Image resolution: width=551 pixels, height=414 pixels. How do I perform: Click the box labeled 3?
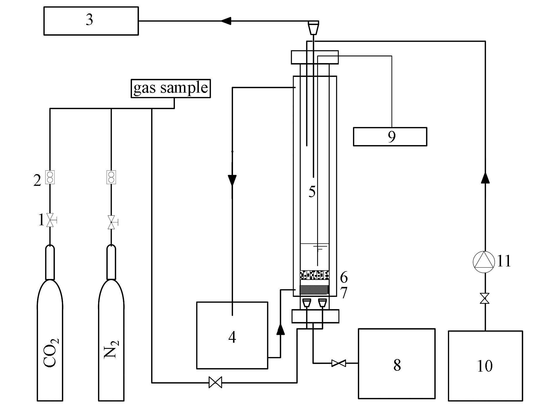pyautogui.click(x=91, y=21)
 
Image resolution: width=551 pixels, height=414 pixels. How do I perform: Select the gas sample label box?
pyautogui.click(x=171, y=88)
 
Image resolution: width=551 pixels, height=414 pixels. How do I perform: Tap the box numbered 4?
pyautogui.click(x=232, y=335)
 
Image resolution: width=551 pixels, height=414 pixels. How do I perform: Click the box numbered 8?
pyautogui.click(x=397, y=363)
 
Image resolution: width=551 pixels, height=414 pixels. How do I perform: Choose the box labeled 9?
pyautogui.click(x=390, y=136)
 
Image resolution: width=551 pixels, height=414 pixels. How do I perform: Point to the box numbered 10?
pyautogui.click(x=485, y=366)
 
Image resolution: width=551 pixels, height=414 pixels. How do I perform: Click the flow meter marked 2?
pyautogui.click(x=50, y=177)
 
